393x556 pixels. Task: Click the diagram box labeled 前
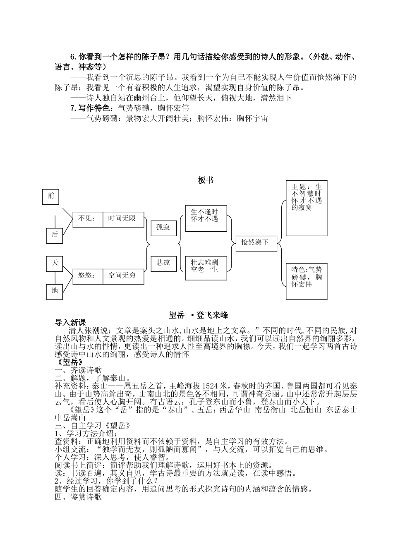pos(51,196)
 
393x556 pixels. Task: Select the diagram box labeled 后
pos(55,235)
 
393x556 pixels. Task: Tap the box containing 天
pos(55,263)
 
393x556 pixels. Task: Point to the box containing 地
pos(55,291)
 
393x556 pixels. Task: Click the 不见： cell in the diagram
pos(87,219)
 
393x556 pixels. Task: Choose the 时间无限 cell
pos(124,219)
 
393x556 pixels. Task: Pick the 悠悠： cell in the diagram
pos(87,276)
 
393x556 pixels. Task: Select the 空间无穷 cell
pos(124,276)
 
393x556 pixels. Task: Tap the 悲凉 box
pos(163,263)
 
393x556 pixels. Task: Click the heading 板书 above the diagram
pos(206,180)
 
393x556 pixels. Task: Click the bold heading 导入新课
pos(70,323)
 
